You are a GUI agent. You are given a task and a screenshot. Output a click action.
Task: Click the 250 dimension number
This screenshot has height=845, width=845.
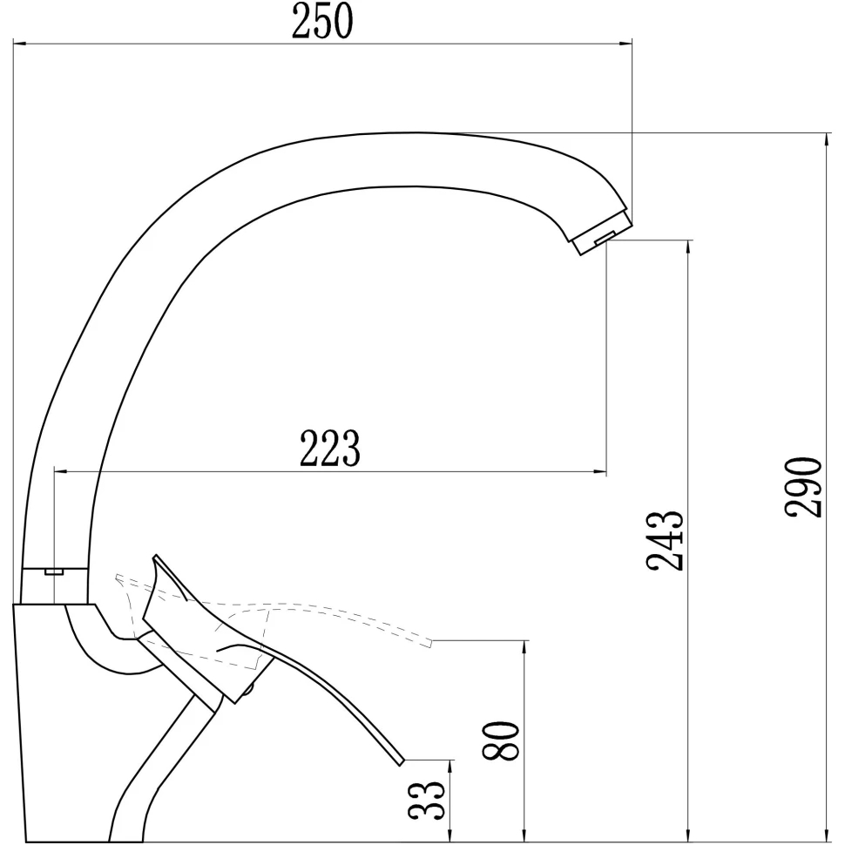pyautogui.click(x=322, y=21)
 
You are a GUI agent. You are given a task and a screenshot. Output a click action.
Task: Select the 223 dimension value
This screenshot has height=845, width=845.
pyautogui.click(x=329, y=448)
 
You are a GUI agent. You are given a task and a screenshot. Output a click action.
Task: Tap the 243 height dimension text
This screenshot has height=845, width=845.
pyautogui.click(x=665, y=540)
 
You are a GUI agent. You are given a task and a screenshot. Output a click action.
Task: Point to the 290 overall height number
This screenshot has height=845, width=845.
pyautogui.click(x=803, y=487)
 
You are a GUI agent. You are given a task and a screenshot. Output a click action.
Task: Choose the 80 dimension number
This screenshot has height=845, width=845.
pyautogui.click(x=501, y=740)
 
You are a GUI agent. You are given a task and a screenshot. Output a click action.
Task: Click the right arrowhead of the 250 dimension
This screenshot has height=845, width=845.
pyautogui.click(x=625, y=42)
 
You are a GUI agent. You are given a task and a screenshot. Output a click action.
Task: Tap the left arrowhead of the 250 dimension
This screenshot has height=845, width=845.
pyautogui.click(x=19, y=42)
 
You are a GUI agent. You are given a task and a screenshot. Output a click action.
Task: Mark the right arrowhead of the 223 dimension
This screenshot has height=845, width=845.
pyautogui.click(x=600, y=472)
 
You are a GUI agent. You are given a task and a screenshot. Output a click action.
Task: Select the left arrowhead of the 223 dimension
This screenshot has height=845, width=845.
pyautogui.click(x=62, y=472)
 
